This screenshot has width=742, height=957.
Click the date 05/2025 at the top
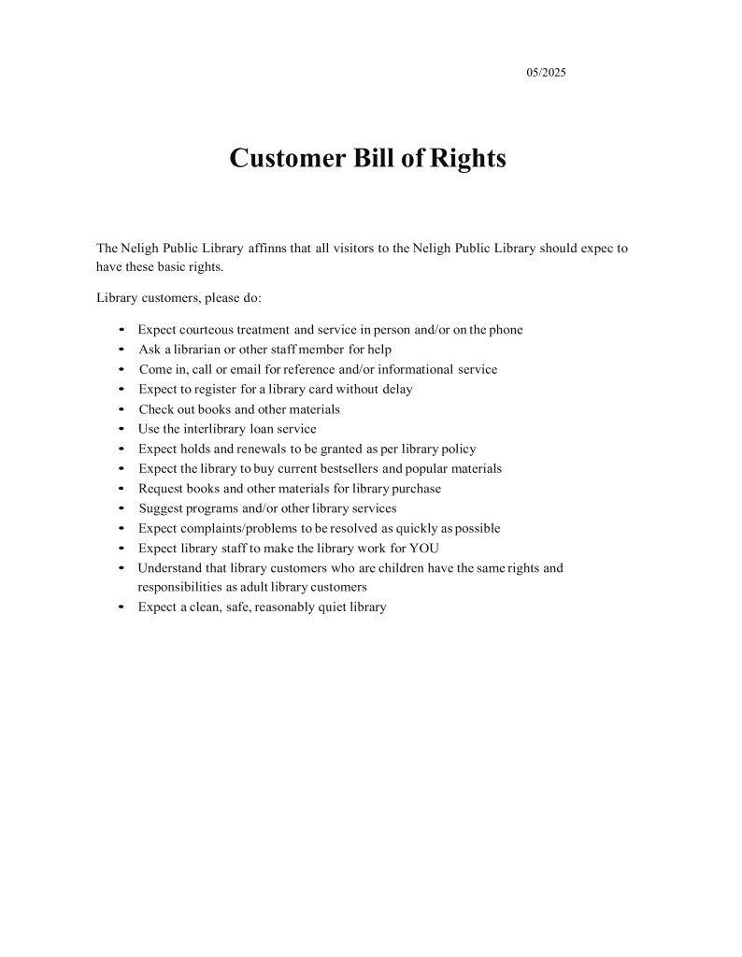click(547, 72)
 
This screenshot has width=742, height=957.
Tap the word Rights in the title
click(467, 158)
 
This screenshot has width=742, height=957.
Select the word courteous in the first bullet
click(212, 330)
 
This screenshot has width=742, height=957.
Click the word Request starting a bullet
click(161, 489)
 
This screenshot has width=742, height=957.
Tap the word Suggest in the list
click(161, 508)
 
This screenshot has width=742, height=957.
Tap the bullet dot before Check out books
click(123, 409)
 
